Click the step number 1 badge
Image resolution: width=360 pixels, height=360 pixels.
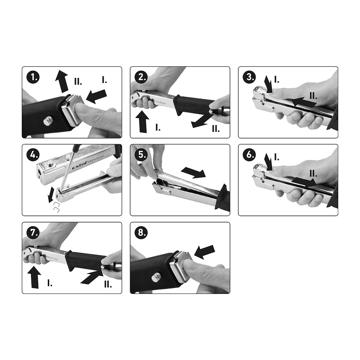(33, 77)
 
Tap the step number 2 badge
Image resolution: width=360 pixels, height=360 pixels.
(141, 77)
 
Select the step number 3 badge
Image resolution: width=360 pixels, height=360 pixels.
(249, 77)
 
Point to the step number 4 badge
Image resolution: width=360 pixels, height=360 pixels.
(33, 155)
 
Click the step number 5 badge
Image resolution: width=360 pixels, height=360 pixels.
(141, 155)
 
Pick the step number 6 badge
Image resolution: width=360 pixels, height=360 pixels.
(249, 155)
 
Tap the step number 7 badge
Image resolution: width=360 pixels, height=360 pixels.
(33, 233)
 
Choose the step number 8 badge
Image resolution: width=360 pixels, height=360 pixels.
(141, 233)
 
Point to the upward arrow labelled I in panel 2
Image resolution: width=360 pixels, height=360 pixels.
(142, 121)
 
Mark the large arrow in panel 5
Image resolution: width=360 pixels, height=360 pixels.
(193, 172)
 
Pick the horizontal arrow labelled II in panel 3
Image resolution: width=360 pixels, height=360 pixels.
(303, 102)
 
